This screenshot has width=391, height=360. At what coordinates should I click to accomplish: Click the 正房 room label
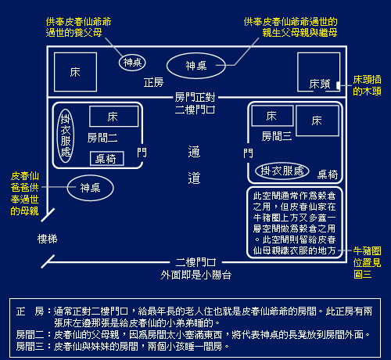tap(153, 83)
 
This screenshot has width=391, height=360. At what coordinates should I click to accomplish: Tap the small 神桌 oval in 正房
tap(132, 63)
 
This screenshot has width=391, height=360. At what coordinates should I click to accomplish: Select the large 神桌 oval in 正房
tap(196, 66)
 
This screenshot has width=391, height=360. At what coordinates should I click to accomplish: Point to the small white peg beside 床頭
tap(338, 85)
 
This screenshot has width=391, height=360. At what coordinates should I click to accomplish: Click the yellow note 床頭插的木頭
tap(367, 85)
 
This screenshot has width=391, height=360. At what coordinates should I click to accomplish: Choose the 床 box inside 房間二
tap(113, 117)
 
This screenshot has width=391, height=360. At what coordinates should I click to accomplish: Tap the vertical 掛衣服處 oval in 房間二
tap(66, 135)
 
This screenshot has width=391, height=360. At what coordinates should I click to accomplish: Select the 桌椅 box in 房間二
tap(107, 158)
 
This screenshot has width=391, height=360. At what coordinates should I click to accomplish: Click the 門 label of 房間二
tap(142, 153)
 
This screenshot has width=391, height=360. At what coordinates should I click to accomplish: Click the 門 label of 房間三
tap(248, 153)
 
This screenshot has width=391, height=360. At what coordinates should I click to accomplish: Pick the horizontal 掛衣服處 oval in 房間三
tap(282, 171)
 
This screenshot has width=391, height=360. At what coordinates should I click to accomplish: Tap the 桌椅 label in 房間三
tap(328, 175)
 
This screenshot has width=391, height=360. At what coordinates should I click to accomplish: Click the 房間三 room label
tap(277, 136)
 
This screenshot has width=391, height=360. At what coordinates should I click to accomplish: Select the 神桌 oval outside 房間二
tap(90, 188)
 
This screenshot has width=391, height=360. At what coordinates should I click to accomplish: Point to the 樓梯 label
tap(47, 239)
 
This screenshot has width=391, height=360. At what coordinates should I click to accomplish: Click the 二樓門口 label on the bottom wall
tap(195, 262)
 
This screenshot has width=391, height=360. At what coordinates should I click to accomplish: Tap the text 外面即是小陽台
tap(195, 275)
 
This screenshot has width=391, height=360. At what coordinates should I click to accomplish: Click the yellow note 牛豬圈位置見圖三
tap(367, 262)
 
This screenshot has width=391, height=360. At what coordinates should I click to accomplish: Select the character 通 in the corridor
tap(194, 152)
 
